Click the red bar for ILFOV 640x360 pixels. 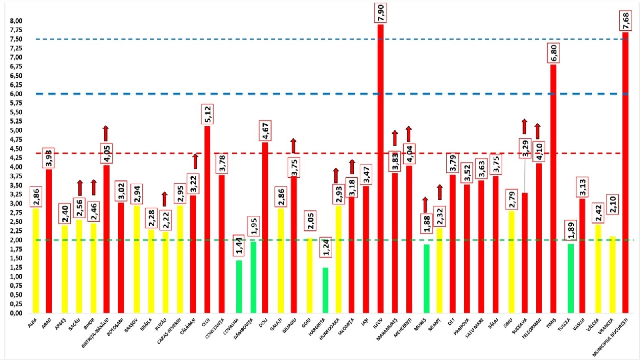click(380, 168)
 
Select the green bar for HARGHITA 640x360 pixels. click(326, 290)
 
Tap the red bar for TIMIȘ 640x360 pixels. click(553, 188)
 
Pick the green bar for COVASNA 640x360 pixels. click(239, 286)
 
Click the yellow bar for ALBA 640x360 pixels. click(36, 260)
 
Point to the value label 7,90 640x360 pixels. click(380, 13)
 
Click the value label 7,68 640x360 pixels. click(626, 21)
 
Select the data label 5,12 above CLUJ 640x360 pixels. click(208, 114)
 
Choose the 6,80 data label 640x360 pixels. click(554, 53)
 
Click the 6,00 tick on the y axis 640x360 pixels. click(16, 94)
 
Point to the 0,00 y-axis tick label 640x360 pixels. click(16, 313)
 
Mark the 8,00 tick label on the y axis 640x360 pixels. click(16, 21)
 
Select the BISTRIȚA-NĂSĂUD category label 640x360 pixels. click(95, 332)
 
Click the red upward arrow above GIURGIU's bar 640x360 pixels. click(294, 146)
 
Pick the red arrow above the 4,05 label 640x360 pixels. click(106, 133)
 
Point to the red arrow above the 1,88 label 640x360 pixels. click(425, 204)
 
